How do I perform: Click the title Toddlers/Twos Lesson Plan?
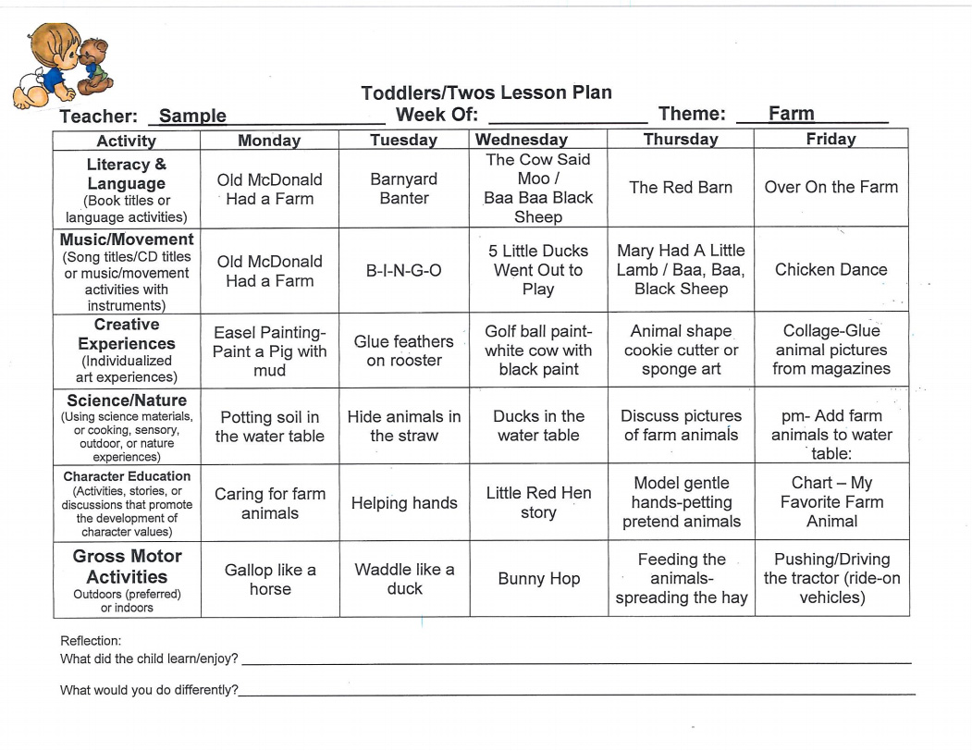coord(486,92)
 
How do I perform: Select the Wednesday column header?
coord(522,140)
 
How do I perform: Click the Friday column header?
coord(831,139)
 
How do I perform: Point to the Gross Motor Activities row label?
coord(128,566)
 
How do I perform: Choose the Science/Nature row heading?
coord(127,400)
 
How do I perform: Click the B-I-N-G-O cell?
coord(404,270)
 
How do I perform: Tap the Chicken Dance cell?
coord(831,270)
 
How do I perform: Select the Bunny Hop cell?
coord(538,579)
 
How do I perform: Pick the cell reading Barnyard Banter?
coord(404,189)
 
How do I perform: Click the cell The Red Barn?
coord(681,188)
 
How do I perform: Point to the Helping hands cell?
coord(404,503)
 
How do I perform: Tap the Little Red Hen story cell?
coord(538,502)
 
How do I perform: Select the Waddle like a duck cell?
coord(404,579)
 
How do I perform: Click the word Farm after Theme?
coord(792,114)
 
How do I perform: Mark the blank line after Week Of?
coord(567,118)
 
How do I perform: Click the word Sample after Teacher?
coord(192,116)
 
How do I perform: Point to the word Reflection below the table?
coord(91,640)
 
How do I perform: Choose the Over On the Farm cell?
coord(831,187)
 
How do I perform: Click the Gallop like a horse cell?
coord(270,579)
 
